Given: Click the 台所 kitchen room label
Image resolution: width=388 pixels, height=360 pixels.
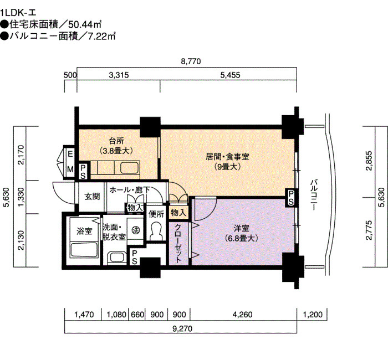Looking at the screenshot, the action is click(116, 141).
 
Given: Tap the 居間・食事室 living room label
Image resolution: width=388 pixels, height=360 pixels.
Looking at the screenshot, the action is click(227, 157).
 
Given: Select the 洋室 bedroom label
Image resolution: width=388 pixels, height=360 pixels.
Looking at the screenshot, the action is click(242, 228).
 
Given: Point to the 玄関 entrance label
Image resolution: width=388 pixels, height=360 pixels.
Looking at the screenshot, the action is click(92, 197).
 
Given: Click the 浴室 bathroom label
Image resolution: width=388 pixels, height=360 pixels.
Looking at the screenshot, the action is click(84, 231).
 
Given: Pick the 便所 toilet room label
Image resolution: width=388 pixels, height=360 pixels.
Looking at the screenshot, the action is click(156, 214).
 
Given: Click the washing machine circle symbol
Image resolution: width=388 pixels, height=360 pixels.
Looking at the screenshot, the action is click(135, 230).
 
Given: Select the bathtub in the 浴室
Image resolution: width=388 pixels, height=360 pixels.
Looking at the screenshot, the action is click(84, 250).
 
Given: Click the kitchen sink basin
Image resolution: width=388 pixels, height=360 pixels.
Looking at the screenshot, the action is click(129, 168).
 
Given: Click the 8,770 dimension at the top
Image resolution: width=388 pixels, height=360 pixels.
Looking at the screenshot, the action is click(191, 61).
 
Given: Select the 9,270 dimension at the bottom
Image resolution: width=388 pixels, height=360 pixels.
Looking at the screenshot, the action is click(182, 328).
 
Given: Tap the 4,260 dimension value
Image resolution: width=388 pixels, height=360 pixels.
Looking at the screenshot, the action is click(243, 315).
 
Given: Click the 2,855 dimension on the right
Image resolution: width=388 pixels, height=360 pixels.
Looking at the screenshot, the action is click(369, 161).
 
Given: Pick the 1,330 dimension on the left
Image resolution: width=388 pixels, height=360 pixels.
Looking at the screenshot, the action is click(22, 197).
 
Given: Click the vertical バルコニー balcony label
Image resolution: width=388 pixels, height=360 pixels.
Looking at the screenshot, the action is click(314, 195).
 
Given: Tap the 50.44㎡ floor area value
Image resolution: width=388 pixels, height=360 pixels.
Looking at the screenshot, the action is click(85, 24).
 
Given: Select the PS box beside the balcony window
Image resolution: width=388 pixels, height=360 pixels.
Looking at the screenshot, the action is click(291, 198).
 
